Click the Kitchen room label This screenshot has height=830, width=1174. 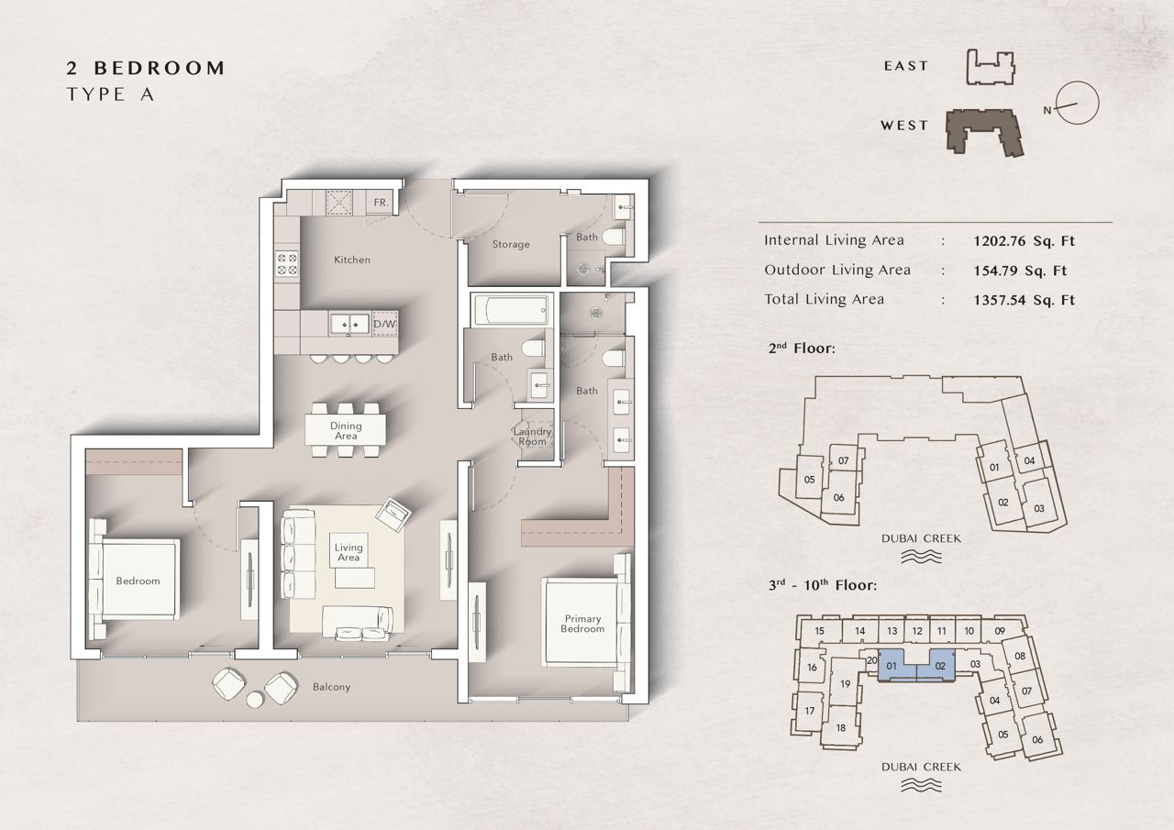352,260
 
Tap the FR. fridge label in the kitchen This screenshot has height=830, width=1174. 381,203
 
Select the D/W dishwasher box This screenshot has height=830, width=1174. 384,324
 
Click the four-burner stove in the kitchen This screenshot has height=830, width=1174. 287,264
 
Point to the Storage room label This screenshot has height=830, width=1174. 511,244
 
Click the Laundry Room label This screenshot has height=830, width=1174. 532,437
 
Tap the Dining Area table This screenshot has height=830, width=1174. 346,430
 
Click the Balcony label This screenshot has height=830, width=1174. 331,686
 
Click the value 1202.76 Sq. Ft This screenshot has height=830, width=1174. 1024,241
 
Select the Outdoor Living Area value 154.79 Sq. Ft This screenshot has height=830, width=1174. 1020,271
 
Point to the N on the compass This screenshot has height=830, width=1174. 1047,111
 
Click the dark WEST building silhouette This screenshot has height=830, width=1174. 984,132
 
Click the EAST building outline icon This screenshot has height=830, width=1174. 990,67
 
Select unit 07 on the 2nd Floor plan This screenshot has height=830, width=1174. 843,460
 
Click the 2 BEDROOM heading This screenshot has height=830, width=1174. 146,68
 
